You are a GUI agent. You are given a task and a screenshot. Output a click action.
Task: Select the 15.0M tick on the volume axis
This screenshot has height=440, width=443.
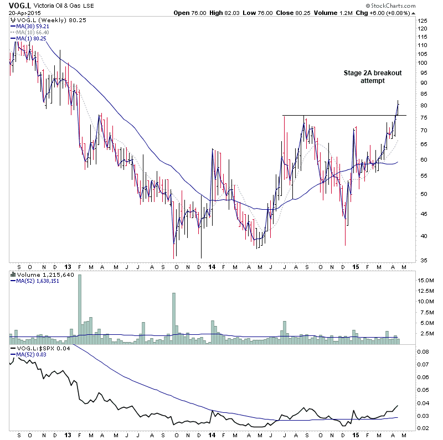(425, 281)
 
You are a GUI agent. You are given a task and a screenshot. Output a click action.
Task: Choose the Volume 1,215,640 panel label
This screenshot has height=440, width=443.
(39, 274)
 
